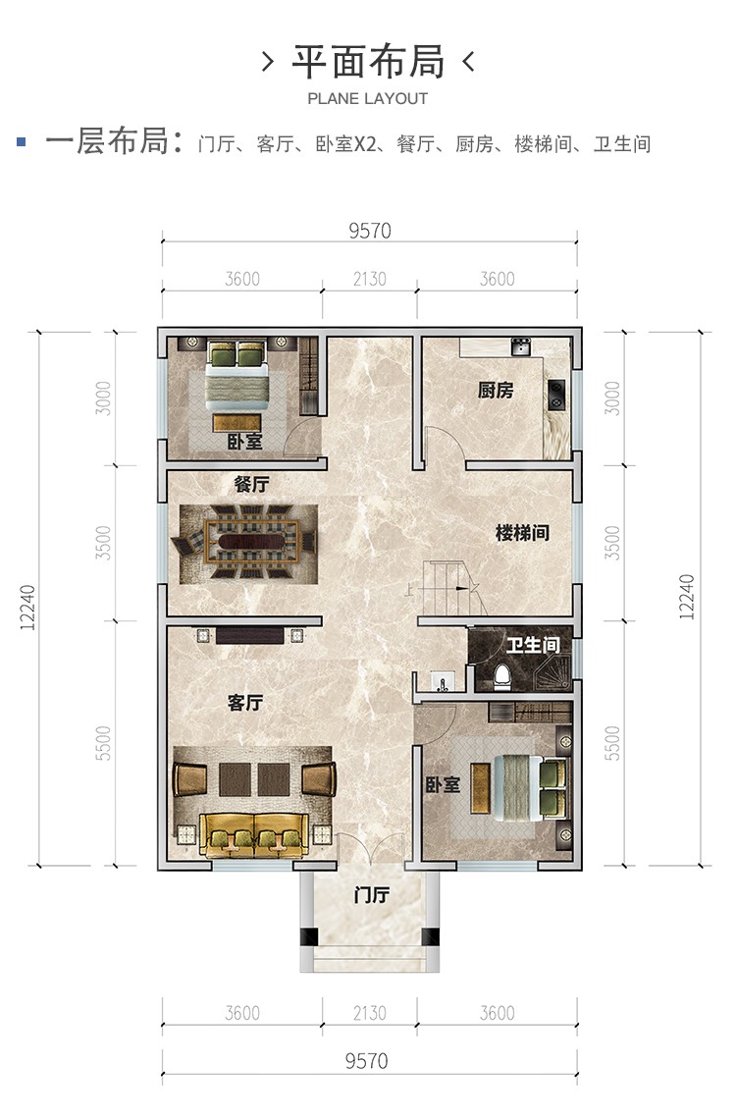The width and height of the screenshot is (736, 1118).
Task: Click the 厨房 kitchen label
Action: click(495, 390)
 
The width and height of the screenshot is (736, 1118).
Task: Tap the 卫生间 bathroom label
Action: click(534, 645)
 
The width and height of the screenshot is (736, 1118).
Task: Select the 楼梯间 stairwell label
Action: click(522, 533)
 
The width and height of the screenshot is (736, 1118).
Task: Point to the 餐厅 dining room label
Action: click(252, 484)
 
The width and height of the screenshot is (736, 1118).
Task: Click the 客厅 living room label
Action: click(245, 703)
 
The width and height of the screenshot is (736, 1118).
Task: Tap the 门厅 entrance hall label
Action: click(372, 895)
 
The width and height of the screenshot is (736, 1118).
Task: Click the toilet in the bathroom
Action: click(502, 675)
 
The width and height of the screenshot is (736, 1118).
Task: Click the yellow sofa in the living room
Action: click(254, 835)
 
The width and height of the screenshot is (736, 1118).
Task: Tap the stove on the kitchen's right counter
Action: click(556, 396)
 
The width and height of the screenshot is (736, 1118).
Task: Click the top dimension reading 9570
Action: click(370, 231)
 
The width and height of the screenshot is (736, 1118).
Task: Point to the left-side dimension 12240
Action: click(27, 608)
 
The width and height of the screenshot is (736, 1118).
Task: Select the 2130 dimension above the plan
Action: click(369, 279)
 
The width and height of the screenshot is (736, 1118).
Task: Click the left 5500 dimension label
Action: click(103, 743)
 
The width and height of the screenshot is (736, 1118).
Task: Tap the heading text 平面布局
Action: click(368, 61)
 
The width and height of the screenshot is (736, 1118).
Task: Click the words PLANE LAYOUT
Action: click(368, 99)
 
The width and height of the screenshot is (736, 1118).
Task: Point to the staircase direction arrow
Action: click(455, 588)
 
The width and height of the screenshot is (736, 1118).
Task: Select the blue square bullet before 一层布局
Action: click(22, 142)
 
